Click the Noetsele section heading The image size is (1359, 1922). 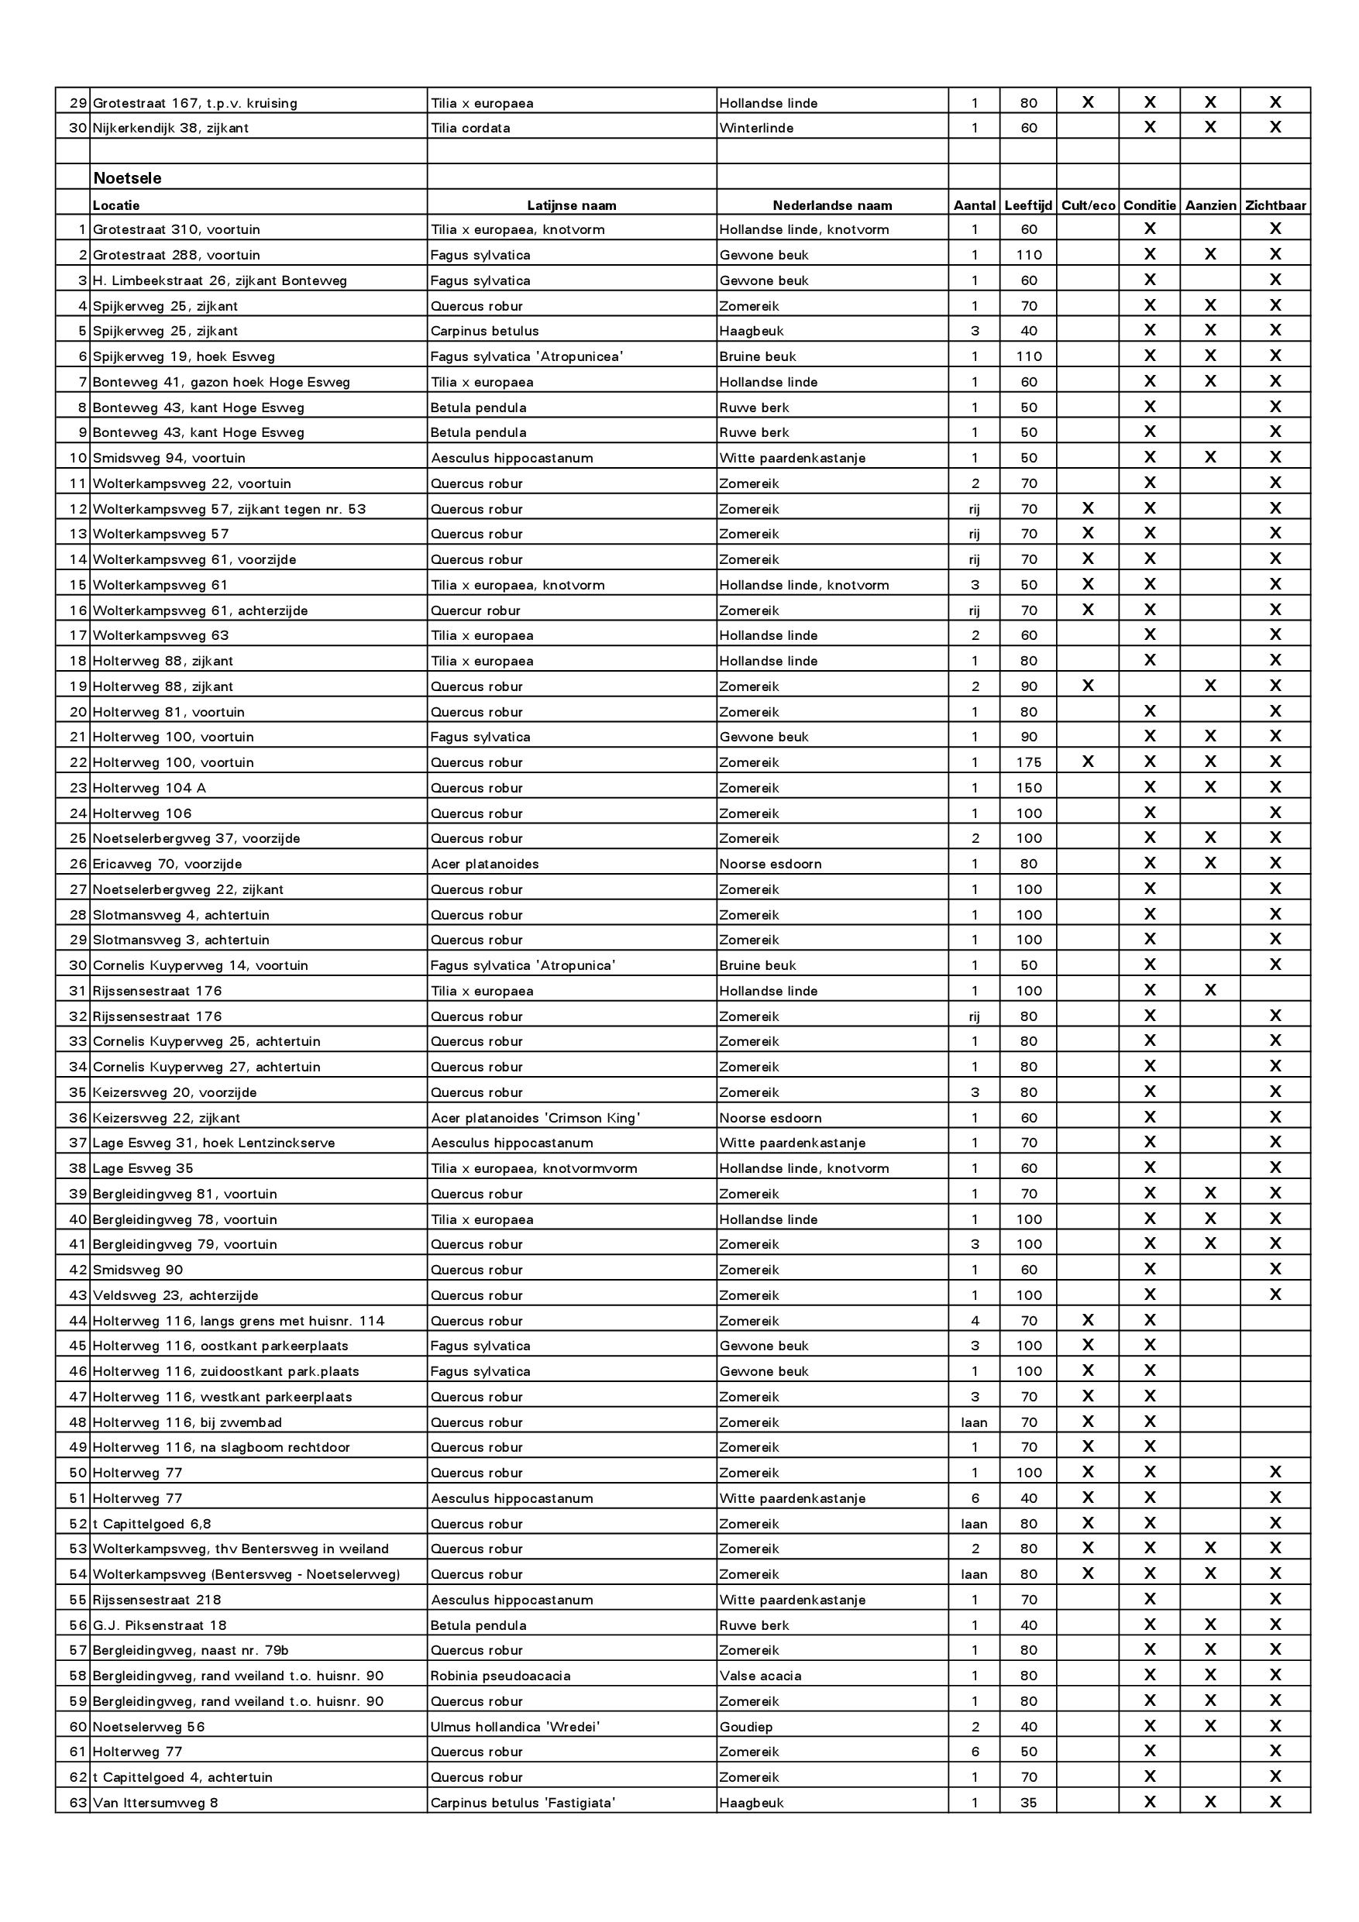[x=127, y=178]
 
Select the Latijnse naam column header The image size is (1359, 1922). [x=571, y=205]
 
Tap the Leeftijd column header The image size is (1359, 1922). [x=1027, y=205]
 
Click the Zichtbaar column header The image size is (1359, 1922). [x=1275, y=205]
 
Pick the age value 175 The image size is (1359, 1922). [x=1028, y=762]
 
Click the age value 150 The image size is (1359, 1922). [x=1028, y=788]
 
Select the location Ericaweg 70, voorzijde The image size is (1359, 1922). [x=167, y=864]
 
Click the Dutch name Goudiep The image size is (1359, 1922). [x=745, y=1727]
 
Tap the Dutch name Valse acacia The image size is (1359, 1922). [x=759, y=1676]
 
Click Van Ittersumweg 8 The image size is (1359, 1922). [x=155, y=1803]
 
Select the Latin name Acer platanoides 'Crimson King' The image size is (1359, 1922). [x=535, y=1118]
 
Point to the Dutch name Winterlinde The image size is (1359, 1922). [x=756, y=128]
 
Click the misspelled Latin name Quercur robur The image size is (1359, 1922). [x=475, y=611]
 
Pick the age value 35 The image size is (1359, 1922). [x=1028, y=1803]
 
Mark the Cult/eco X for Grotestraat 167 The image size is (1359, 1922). [x=1087, y=102]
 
